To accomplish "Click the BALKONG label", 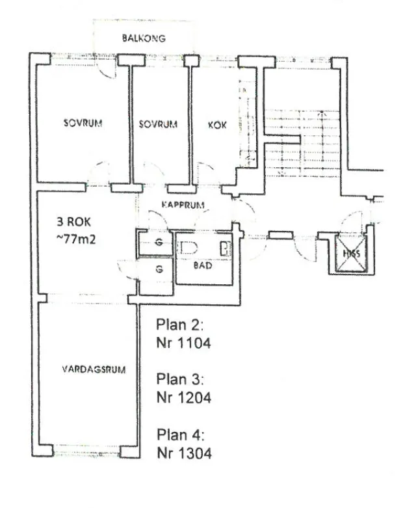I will [144, 38].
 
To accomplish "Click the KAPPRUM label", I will [183, 205].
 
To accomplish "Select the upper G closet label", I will [159, 245].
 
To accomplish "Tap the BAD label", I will [203, 266].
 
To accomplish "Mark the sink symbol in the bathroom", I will [226, 248].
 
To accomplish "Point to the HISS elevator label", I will [350, 253].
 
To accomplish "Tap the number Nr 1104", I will [185, 341].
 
